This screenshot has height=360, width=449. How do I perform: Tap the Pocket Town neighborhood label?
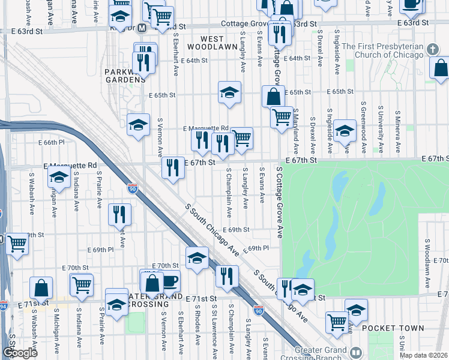[392, 328]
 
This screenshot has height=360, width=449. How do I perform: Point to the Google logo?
[20, 353]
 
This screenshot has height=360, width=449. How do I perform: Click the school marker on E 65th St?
[229, 92]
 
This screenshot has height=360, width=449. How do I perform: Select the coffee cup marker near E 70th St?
[169, 280]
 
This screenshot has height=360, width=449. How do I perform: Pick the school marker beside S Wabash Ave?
[59, 177]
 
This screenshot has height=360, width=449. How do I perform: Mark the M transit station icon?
[142, 28]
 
